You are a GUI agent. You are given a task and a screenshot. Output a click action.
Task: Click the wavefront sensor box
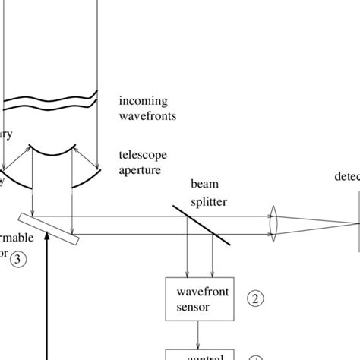point(200,299)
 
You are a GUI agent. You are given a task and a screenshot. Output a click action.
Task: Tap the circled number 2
point(256,298)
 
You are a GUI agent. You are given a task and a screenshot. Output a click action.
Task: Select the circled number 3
point(19,259)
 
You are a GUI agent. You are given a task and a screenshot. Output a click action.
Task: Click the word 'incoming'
point(144,101)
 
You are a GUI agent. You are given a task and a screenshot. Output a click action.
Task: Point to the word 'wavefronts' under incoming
point(148,116)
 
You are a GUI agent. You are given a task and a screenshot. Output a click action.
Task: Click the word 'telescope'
point(142,154)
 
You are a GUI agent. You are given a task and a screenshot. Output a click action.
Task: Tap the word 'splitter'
point(210,203)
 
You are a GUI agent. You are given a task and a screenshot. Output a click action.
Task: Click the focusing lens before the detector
point(274,224)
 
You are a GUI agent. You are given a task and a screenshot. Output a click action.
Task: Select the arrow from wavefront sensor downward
point(200,334)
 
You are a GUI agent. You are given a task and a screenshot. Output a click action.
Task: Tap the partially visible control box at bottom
point(200,355)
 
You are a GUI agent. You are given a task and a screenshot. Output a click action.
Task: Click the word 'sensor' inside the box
point(194,308)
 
